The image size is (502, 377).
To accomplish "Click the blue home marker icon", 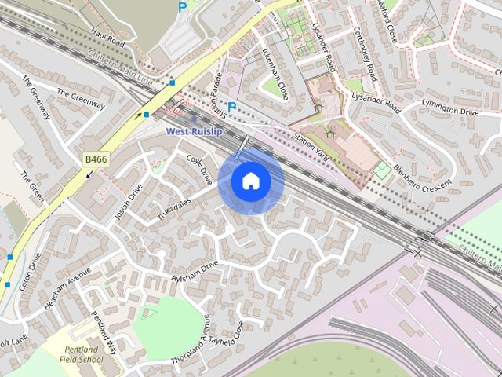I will [x=251, y=181].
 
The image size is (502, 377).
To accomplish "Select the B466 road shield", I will [x=96, y=159].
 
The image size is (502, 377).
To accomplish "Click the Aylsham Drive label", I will [x=195, y=273].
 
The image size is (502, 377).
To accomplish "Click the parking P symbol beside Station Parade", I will [x=231, y=106].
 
